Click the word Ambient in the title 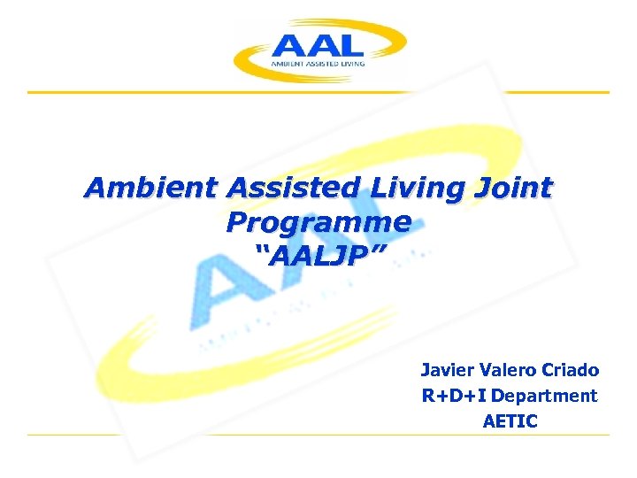[x=150, y=189]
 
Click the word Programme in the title [x=318, y=222]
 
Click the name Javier [x=448, y=370]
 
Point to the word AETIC [x=510, y=421]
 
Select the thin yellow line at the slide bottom [x=318, y=435]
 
